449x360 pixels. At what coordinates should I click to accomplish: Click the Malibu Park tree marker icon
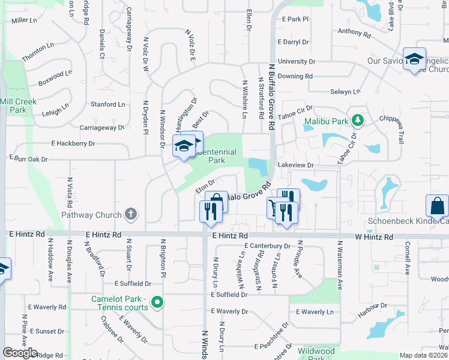pos(358,121)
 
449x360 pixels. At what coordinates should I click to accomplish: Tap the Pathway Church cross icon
pos(130,214)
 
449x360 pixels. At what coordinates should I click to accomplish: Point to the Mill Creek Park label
pos(18,106)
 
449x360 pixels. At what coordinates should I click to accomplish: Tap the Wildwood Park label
pos(316,354)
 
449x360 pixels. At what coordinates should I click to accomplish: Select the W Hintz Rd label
pos(373,237)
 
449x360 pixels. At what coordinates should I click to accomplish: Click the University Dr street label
pos(296,61)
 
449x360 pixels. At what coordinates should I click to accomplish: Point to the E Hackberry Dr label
pos(73,143)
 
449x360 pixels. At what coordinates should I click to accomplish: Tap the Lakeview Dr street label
pos(295,164)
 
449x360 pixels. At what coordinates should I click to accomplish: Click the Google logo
pos(20,353)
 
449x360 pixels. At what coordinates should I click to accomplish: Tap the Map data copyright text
pos(424,355)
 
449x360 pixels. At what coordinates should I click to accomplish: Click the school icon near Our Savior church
pos(414,59)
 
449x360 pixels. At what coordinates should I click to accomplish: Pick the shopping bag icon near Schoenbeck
pos(437,205)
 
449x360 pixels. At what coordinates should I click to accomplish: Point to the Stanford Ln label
pos(107,104)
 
